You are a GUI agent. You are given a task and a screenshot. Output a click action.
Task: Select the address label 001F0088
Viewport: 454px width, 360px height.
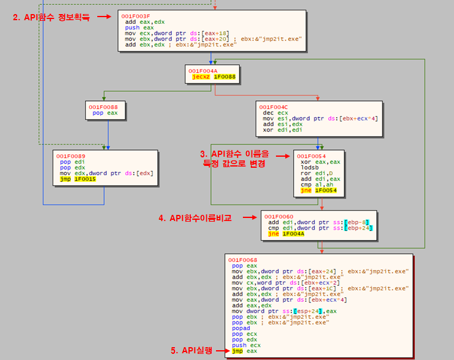click(x=106, y=107)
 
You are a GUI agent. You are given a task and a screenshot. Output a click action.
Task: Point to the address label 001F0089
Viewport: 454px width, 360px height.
click(x=71, y=156)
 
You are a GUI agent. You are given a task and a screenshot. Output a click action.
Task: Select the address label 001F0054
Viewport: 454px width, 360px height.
click(x=312, y=156)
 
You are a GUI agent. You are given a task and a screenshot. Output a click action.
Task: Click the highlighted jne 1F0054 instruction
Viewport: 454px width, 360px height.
click(x=319, y=191)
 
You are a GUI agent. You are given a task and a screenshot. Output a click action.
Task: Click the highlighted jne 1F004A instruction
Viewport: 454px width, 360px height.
click(x=286, y=234)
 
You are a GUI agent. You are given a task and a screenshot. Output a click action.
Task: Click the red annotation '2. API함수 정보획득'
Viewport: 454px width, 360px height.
click(x=51, y=17)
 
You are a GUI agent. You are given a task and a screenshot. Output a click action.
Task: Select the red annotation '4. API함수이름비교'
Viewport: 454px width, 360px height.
click(x=196, y=217)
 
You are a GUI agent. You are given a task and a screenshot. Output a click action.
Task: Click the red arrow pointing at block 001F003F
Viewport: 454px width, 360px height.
click(x=104, y=17)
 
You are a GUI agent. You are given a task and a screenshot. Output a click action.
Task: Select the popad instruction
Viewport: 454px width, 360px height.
click(x=241, y=328)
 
